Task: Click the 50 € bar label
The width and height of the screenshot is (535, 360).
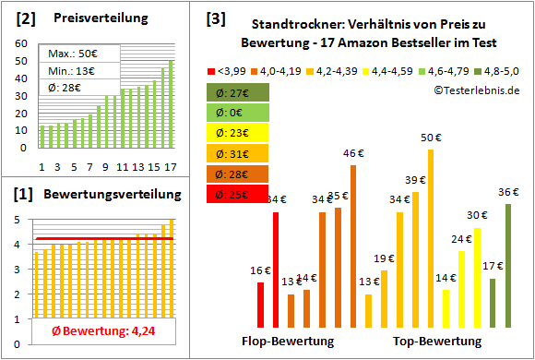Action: tap(430, 138)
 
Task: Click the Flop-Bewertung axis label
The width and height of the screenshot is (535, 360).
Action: tap(287, 341)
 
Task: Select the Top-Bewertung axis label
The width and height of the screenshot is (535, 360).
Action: tap(437, 341)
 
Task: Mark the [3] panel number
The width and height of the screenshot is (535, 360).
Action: tap(216, 18)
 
